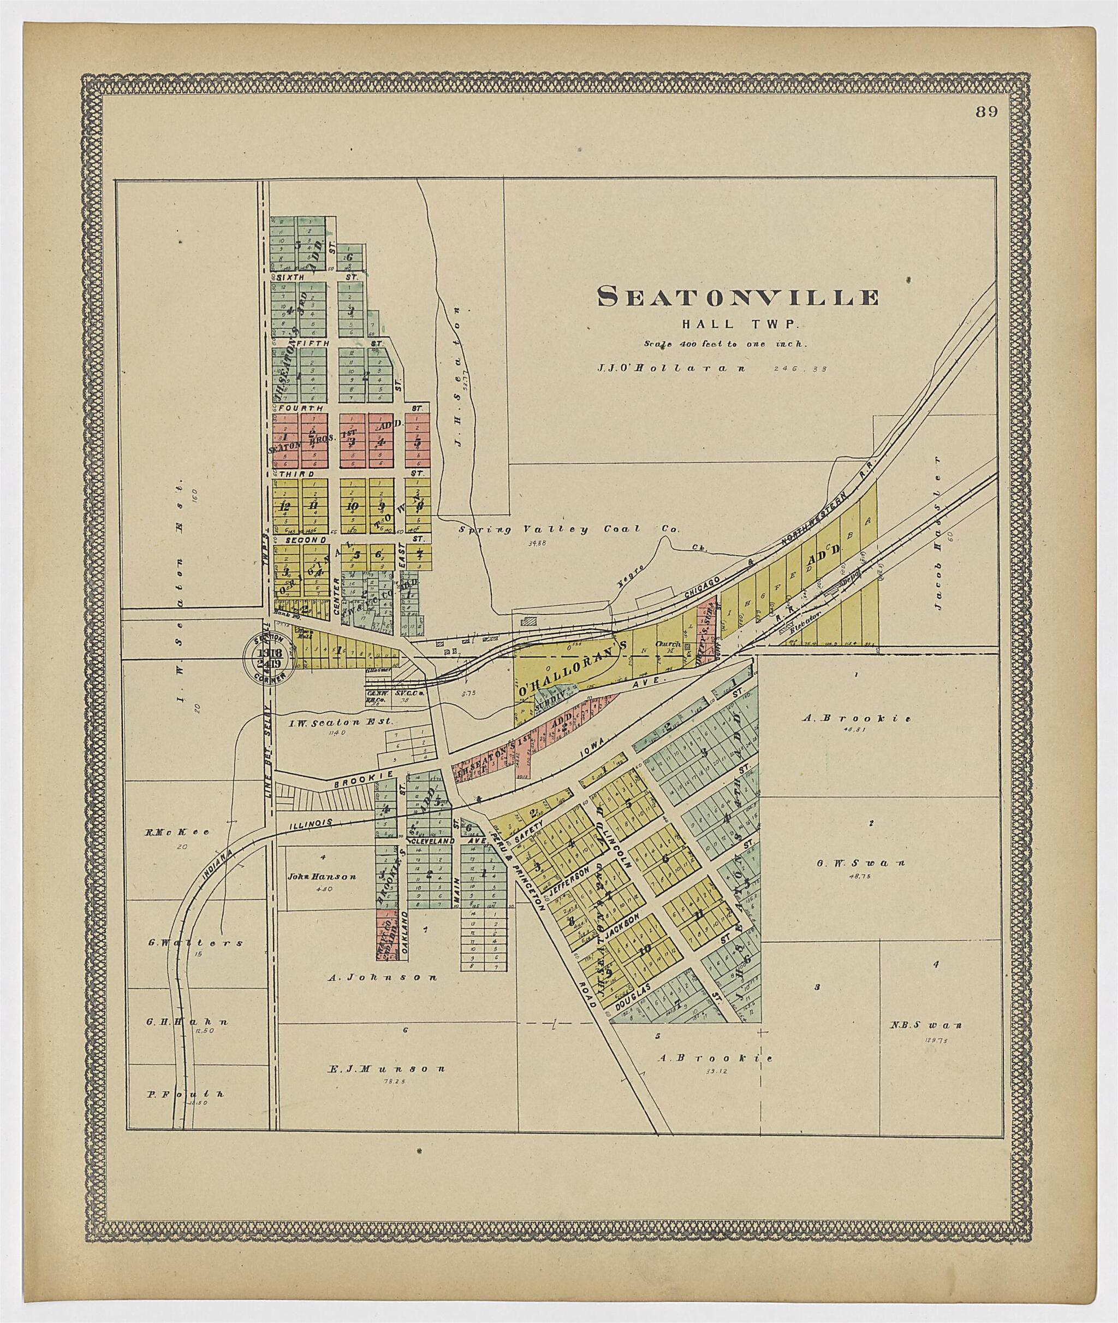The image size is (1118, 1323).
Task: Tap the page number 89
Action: point(987,113)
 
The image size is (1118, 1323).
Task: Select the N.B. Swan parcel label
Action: point(926,1025)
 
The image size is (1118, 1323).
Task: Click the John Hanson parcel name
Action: point(322,877)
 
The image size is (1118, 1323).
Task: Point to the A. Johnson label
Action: point(382,977)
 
